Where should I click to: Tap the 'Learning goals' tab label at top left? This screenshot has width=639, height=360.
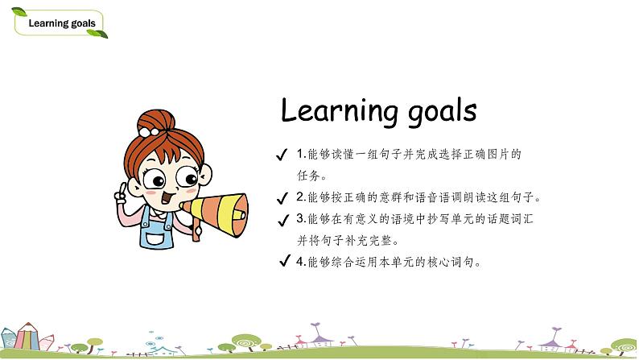[x=61, y=23]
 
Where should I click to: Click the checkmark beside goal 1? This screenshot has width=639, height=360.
[x=281, y=155]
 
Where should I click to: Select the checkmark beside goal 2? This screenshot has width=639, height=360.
[x=281, y=198]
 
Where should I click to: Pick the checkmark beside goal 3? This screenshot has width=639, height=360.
[x=281, y=219]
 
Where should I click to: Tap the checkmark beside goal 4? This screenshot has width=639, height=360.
[x=283, y=261]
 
